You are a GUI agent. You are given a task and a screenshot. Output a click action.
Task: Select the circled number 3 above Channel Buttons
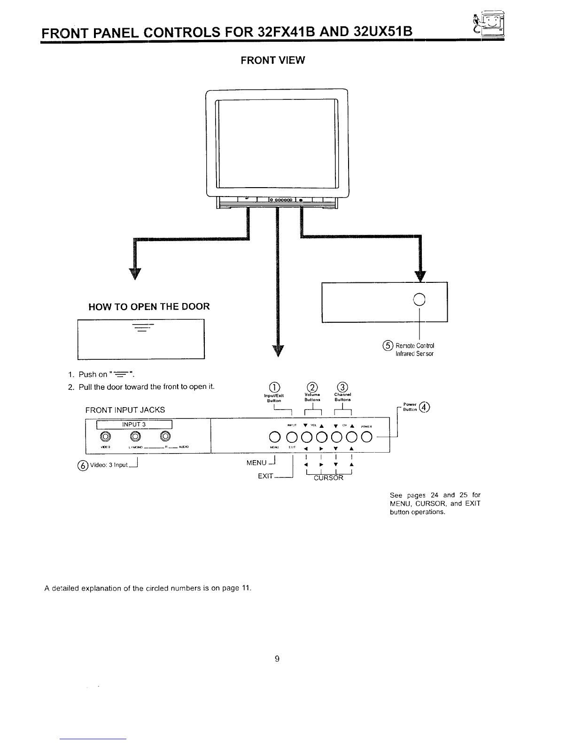click(x=343, y=387)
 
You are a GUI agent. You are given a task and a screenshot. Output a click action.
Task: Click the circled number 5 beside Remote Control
click(x=388, y=346)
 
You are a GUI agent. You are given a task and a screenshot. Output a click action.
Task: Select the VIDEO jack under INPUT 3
click(x=106, y=437)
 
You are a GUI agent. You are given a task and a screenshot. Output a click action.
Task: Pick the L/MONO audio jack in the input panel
click(x=135, y=437)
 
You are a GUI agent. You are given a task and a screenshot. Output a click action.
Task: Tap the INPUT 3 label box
click(x=135, y=425)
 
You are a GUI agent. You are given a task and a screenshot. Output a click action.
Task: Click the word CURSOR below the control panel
click(x=328, y=478)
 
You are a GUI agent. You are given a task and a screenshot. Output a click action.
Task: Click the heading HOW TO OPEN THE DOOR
click(x=149, y=307)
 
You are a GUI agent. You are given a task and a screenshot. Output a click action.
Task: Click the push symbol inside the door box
click(x=141, y=327)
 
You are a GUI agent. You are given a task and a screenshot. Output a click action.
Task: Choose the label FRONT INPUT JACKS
click(x=125, y=409)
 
